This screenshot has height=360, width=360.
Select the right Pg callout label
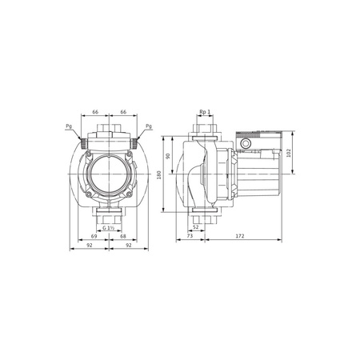pyautogui.click(x=150, y=126)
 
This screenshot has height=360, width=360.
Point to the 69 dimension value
pyautogui.click(x=94, y=237)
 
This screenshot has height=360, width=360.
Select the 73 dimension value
pyautogui.click(x=190, y=238)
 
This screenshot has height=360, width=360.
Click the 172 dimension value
pyautogui.click(x=240, y=238)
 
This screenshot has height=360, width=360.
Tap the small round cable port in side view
pyautogui.click(x=245, y=144)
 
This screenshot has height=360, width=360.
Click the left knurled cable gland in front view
pyautogui.click(x=83, y=142)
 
